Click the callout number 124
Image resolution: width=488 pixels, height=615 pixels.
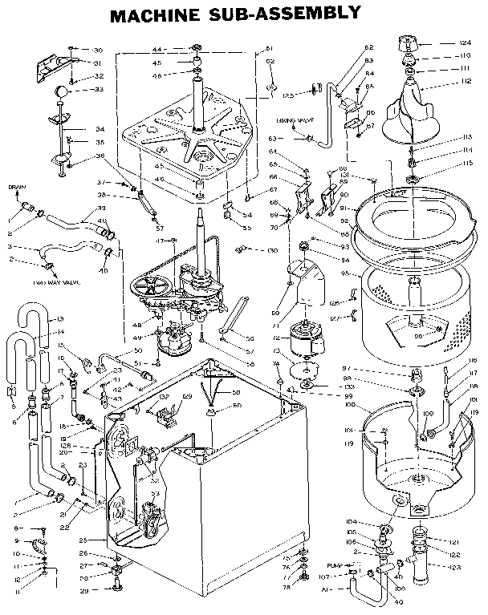465,42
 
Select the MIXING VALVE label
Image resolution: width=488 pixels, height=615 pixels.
293,119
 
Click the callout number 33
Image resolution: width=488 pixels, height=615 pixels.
100,90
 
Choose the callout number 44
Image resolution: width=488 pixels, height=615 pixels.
157,50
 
